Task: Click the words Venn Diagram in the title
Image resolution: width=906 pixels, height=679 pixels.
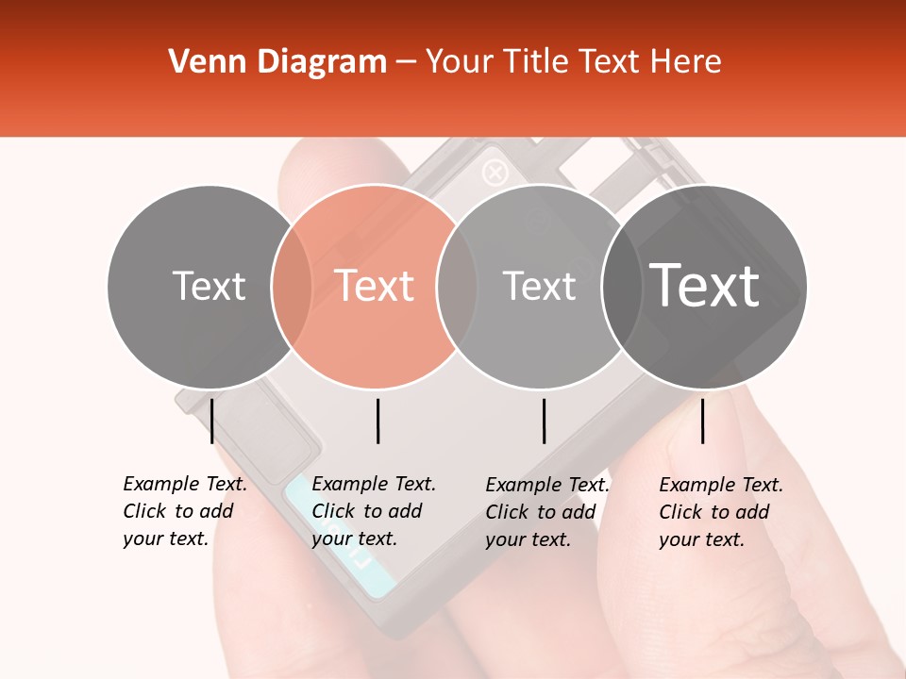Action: tap(277, 62)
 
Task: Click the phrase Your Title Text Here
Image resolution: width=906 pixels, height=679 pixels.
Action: tap(573, 62)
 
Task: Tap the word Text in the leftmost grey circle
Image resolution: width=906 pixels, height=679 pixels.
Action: tap(209, 286)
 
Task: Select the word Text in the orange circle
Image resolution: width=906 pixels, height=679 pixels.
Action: tap(374, 286)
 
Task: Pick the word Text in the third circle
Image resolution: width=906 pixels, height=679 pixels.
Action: tap(539, 286)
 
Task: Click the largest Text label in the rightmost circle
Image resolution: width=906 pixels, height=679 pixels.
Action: tap(704, 286)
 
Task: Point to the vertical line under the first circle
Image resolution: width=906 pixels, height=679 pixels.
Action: tap(212, 421)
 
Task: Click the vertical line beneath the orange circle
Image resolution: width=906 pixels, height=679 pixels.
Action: tap(377, 421)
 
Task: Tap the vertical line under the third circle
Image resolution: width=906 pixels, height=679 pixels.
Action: tap(545, 421)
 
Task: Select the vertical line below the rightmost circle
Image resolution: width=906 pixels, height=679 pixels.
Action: tap(703, 421)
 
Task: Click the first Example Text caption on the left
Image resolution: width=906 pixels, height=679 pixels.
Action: tap(184, 511)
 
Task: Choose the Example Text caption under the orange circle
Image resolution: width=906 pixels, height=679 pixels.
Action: tap(373, 511)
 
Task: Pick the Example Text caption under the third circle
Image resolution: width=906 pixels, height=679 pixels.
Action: tap(546, 512)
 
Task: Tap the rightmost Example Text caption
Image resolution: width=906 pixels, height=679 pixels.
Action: tap(720, 512)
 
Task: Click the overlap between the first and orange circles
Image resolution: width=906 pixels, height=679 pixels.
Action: tap(292, 287)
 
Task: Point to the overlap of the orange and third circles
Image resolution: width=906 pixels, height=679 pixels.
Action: tap(456, 287)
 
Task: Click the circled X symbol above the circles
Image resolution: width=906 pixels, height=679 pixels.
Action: tap(495, 173)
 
